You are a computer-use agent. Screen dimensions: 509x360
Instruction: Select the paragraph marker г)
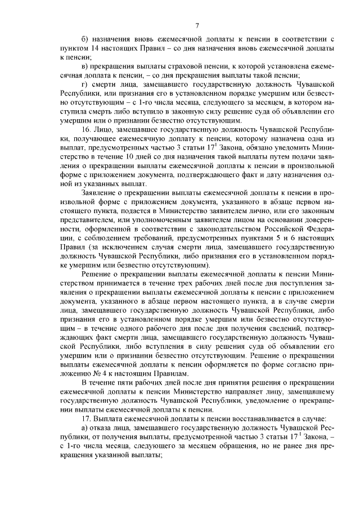[x=85, y=83]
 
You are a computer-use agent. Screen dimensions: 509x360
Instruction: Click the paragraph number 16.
[x=87, y=129]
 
